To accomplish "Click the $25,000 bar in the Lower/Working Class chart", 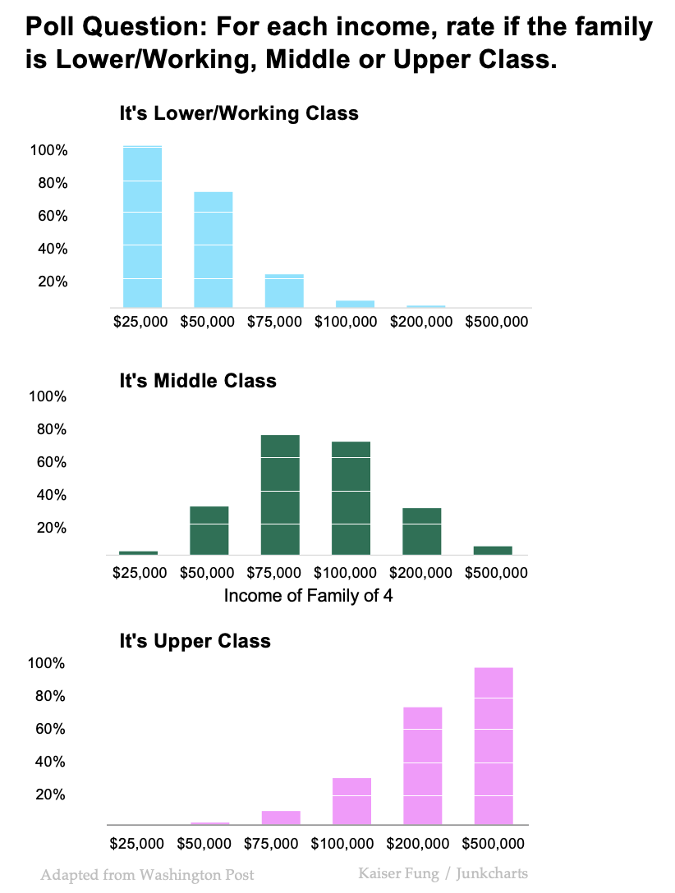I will pyautogui.click(x=142, y=226).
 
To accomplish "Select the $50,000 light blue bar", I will pyautogui.click(x=213, y=250).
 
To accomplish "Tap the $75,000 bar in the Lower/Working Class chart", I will pyautogui.click(x=284, y=291).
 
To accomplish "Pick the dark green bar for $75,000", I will pyautogui.click(x=280, y=494).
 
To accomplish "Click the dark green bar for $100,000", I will pyautogui.click(x=351, y=497).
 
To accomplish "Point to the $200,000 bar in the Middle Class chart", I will pyautogui.click(x=421, y=531).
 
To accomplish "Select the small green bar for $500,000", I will pyautogui.click(x=493, y=550).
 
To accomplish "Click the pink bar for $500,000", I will pyautogui.click(x=494, y=745).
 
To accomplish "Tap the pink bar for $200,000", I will pyautogui.click(x=423, y=765).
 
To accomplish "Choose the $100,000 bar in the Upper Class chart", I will pyautogui.click(x=351, y=800).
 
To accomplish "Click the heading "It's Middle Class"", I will pyautogui.click(x=198, y=381).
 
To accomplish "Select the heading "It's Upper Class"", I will pyautogui.click(x=195, y=640).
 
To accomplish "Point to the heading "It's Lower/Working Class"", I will pyautogui.click(x=239, y=113).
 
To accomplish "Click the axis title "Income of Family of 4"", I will pyautogui.click(x=308, y=595).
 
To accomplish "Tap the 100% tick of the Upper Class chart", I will pyautogui.click(x=48, y=663).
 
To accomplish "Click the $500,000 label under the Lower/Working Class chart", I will pyautogui.click(x=496, y=322).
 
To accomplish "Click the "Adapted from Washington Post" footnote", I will pyautogui.click(x=147, y=875).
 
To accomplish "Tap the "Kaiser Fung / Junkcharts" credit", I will pyautogui.click(x=443, y=872).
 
